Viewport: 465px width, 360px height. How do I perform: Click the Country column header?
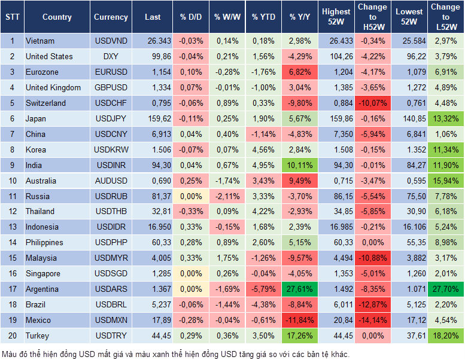(57, 17)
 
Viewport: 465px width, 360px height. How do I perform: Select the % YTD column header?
(264, 17)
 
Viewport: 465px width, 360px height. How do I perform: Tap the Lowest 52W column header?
(410, 17)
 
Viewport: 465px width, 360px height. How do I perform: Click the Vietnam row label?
(40, 41)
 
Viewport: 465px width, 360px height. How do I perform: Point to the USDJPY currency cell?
(111, 118)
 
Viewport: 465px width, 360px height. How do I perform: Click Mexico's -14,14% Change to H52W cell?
(372, 320)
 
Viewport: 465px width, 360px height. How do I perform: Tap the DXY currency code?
(111, 56)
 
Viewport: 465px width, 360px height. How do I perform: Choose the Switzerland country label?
(45, 103)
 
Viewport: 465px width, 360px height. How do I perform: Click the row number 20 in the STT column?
(12, 335)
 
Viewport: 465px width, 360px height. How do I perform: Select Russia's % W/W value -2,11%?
(226, 196)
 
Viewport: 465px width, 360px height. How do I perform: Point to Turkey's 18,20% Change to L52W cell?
(446, 335)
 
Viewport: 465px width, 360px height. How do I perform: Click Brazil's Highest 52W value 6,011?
(336, 304)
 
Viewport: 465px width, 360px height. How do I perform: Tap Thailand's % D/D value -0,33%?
(190, 211)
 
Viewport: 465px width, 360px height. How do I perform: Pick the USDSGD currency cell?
(111, 273)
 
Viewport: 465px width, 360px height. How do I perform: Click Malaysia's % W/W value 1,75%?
(226, 258)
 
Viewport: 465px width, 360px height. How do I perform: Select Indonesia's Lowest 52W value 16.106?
(410, 227)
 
